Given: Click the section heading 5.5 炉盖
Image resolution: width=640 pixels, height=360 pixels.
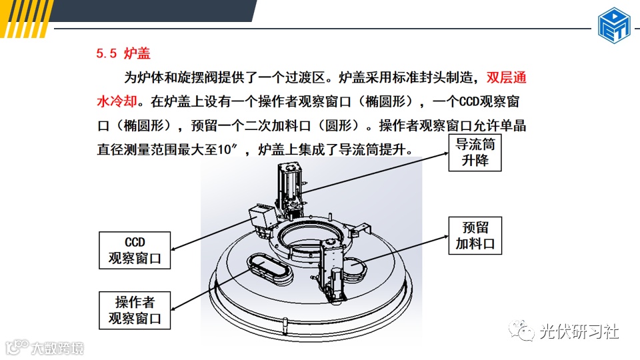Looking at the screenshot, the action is (x=123, y=53).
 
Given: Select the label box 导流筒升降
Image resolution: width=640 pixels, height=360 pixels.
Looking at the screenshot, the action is (x=475, y=152).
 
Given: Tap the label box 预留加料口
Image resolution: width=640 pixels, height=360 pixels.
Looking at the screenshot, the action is (x=475, y=235).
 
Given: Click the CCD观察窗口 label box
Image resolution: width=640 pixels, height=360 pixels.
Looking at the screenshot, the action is (x=135, y=250).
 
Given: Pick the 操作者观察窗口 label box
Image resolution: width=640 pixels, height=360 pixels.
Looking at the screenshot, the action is (x=135, y=310).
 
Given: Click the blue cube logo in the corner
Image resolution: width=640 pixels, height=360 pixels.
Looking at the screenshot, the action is (x=614, y=25).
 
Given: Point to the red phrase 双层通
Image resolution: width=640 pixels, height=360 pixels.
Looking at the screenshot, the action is (x=506, y=77).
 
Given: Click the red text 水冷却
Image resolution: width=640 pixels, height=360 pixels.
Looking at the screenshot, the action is (x=117, y=101).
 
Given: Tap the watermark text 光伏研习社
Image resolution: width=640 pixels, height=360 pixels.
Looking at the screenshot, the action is (x=579, y=331).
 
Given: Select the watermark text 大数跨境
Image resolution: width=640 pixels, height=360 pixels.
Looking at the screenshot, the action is (x=57, y=348).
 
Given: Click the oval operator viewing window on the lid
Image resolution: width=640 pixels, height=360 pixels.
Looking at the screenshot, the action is (x=269, y=269).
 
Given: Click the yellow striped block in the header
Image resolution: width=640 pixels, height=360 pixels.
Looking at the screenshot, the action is (x=25, y=19).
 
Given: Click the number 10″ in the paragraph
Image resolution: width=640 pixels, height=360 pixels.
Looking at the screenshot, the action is (x=227, y=149).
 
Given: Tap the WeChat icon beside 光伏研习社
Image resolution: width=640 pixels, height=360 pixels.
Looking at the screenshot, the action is (x=521, y=330).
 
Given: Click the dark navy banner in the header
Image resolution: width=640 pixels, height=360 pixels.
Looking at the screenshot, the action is (x=153, y=11).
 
